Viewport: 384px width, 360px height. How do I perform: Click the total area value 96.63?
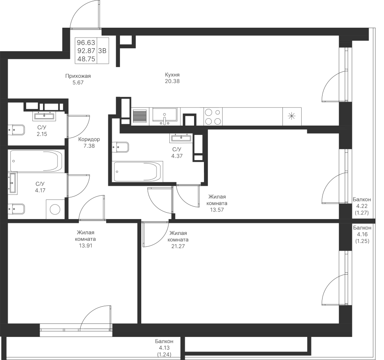click(85, 43)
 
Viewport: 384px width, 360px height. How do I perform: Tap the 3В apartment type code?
click(102, 50)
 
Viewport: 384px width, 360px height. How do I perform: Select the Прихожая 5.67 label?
click(78, 79)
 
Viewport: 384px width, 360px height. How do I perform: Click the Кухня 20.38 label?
click(172, 78)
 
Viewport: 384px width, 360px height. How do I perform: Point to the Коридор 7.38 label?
click(89, 143)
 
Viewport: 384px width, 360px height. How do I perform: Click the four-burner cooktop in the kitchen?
click(213, 116)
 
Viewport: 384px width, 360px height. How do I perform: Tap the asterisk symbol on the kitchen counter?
click(292, 116)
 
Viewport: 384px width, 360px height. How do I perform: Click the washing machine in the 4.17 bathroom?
click(55, 209)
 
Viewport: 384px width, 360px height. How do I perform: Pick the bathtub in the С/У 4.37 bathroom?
click(137, 172)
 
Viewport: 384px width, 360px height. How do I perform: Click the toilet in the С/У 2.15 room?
click(16, 129)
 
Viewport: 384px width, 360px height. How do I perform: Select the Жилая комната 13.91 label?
click(85, 239)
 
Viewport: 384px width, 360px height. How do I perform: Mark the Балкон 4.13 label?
click(164, 348)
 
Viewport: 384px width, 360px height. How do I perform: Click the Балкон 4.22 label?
click(362, 206)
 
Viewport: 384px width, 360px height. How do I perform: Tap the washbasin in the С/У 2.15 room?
click(44, 115)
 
